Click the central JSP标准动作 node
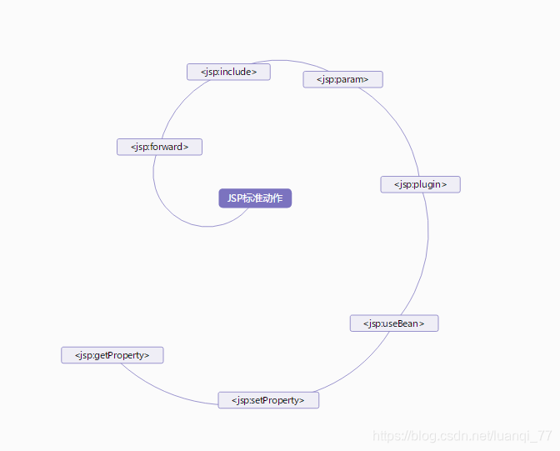pyautogui.click(x=255, y=198)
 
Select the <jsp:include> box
pyautogui.click(x=228, y=72)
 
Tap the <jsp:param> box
pyautogui.click(x=342, y=79)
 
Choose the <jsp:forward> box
pyautogui.click(x=159, y=147)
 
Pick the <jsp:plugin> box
pyautogui.click(x=420, y=184)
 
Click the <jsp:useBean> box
pyautogui.click(x=393, y=323)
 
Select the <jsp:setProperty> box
pyautogui.click(x=268, y=400)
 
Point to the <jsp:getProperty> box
pyautogui.click(x=112, y=355)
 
